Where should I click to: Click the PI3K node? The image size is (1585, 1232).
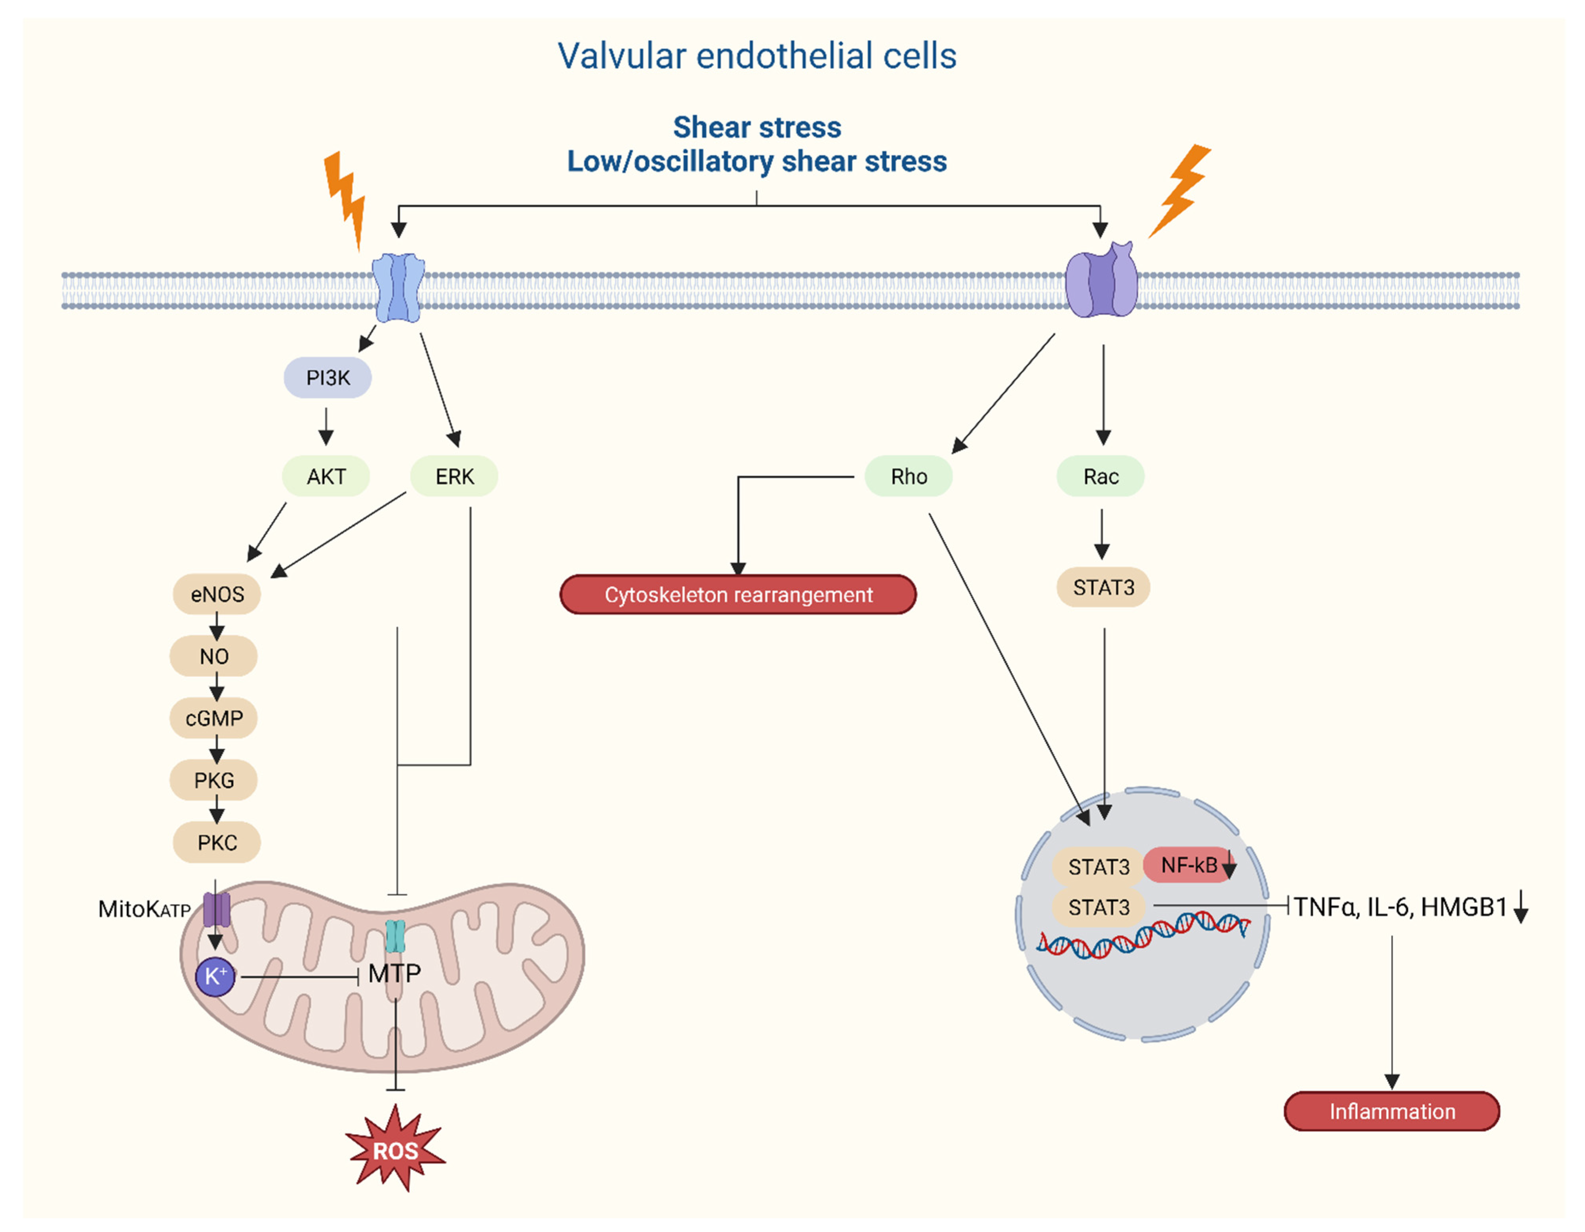[328, 377]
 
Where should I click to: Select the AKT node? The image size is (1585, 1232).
[326, 476]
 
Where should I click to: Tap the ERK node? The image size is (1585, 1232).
[454, 476]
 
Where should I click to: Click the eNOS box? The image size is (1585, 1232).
[217, 594]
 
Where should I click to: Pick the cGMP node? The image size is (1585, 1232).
[214, 718]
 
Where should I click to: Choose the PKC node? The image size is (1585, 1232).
[217, 842]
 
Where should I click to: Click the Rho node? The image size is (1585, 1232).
[909, 476]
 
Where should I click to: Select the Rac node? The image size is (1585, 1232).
[1101, 476]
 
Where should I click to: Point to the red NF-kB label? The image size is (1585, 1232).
[1189, 865]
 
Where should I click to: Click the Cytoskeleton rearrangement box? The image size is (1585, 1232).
[738, 594]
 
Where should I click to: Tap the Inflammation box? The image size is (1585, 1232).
[1392, 1111]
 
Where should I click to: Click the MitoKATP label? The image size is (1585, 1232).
[145, 909]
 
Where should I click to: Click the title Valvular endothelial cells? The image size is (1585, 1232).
[757, 56]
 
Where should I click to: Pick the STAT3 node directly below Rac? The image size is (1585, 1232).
[1103, 587]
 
